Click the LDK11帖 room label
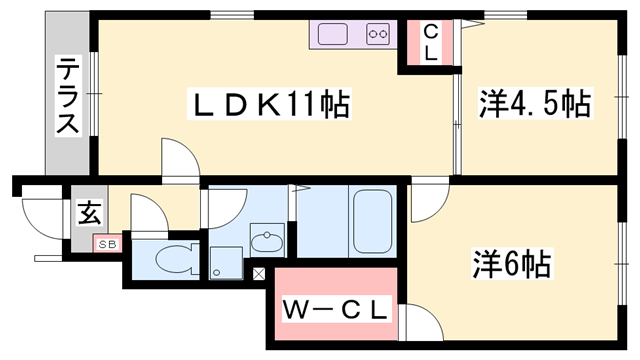click(270, 104)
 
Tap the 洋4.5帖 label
click(534, 103)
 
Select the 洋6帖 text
click(511, 264)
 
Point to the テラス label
click(67, 97)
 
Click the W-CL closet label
click(334, 311)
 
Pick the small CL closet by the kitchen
click(429, 43)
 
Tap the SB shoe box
click(105, 243)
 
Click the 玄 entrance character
click(89, 212)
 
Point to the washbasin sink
click(266, 241)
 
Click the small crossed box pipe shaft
click(259, 273)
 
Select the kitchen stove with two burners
click(379, 34)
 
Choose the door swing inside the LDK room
click(177, 158)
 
